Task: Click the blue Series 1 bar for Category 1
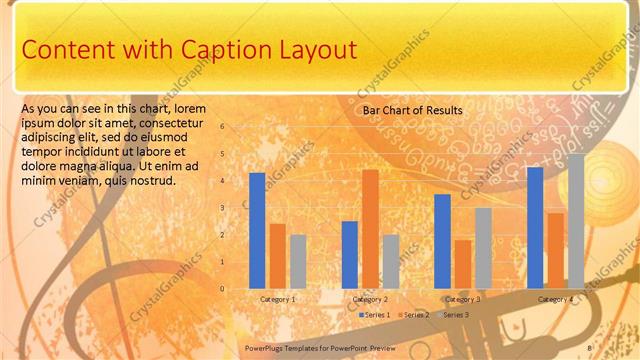point(257,231)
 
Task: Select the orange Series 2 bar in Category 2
point(370,229)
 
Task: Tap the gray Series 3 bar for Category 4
point(576,221)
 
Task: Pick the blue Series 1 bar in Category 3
point(442,241)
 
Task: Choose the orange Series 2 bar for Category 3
point(463,264)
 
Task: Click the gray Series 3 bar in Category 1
point(298,261)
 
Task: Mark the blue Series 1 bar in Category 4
point(535,227)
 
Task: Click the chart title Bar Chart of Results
point(412,110)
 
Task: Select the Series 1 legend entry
point(374,315)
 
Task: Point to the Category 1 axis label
point(277,299)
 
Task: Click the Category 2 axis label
point(370,299)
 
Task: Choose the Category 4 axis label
point(556,299)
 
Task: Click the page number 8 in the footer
point(590,347)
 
